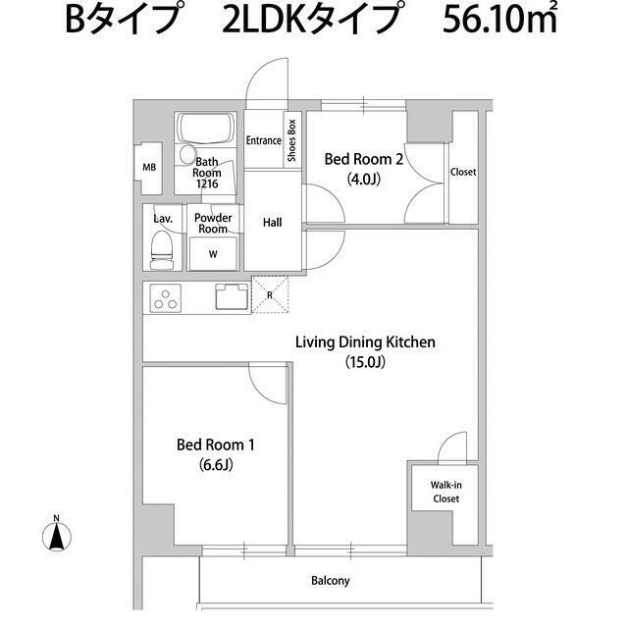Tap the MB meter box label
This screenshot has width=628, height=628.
pos(149,168)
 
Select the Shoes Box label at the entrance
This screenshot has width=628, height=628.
pos(291,140)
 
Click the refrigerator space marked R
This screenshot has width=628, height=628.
pos(268,293)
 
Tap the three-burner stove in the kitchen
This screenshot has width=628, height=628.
pos(166,297)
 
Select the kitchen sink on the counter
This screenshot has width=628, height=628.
pos(234,296)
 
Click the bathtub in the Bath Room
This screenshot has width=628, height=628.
pos(204,129)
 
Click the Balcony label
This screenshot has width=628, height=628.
pos(330,581)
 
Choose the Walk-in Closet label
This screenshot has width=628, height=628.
pos(445,492)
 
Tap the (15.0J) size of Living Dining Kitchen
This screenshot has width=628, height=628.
pos(365,362)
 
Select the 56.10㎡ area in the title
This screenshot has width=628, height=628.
pos(500,22)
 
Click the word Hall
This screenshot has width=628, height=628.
pos(273,223)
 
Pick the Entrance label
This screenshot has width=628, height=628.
pos(264,140)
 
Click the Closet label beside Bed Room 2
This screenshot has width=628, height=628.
pos(463,172)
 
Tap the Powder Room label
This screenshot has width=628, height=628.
pos(212,223)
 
